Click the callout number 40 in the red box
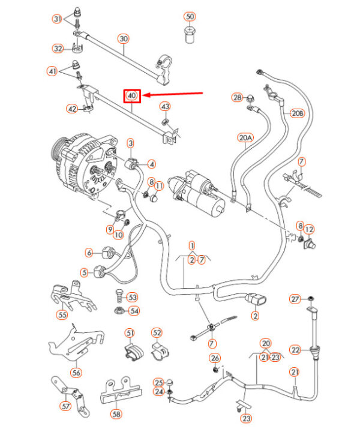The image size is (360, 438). pos(131,95)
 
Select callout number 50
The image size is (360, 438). pos(190,16)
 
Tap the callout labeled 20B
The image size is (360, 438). pos(298,113)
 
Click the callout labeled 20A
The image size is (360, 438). pos(245,138)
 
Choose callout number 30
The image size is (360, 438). pos(124,38)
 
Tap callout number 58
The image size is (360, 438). pos(116,413)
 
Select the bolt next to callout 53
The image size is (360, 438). pos(119,296)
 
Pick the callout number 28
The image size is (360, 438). pos(238,97)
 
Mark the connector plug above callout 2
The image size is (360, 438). pos(256,299)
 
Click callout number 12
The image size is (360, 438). pos(309,230)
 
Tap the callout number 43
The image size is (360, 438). pos(166,106)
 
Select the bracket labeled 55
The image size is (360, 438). pos(73,298)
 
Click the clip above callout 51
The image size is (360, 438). pos(133,353)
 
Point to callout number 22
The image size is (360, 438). pos(295,350)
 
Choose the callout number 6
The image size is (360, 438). pos(89,253)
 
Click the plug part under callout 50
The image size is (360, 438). pos(190,35)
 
